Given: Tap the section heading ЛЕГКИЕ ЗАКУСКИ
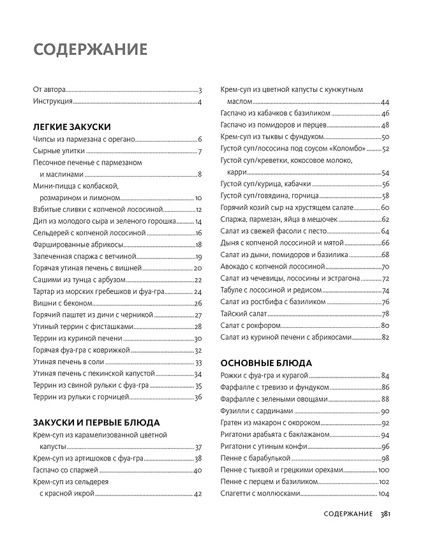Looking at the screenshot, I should pyautogui.click(x=71, y=126).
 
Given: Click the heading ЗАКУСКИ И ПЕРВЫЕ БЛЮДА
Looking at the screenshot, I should pyautogui.click(x=96, y=422).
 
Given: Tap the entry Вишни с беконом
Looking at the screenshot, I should pyautogui.click(x=59, y=303).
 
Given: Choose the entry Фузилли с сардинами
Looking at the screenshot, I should pyautogui.click(x=256, y=411).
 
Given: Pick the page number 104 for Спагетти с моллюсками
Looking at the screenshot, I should pyautogui.click(x=383, y=494).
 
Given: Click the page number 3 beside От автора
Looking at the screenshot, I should pyautogui.click(x=200, y=91).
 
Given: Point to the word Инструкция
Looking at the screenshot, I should pyautogui.click(x=52, y=102).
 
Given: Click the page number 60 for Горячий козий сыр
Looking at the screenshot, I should pyautogui.click(x=385, y=208).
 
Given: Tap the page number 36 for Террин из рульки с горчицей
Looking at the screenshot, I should pyautogui.click(x=198, y=397).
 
